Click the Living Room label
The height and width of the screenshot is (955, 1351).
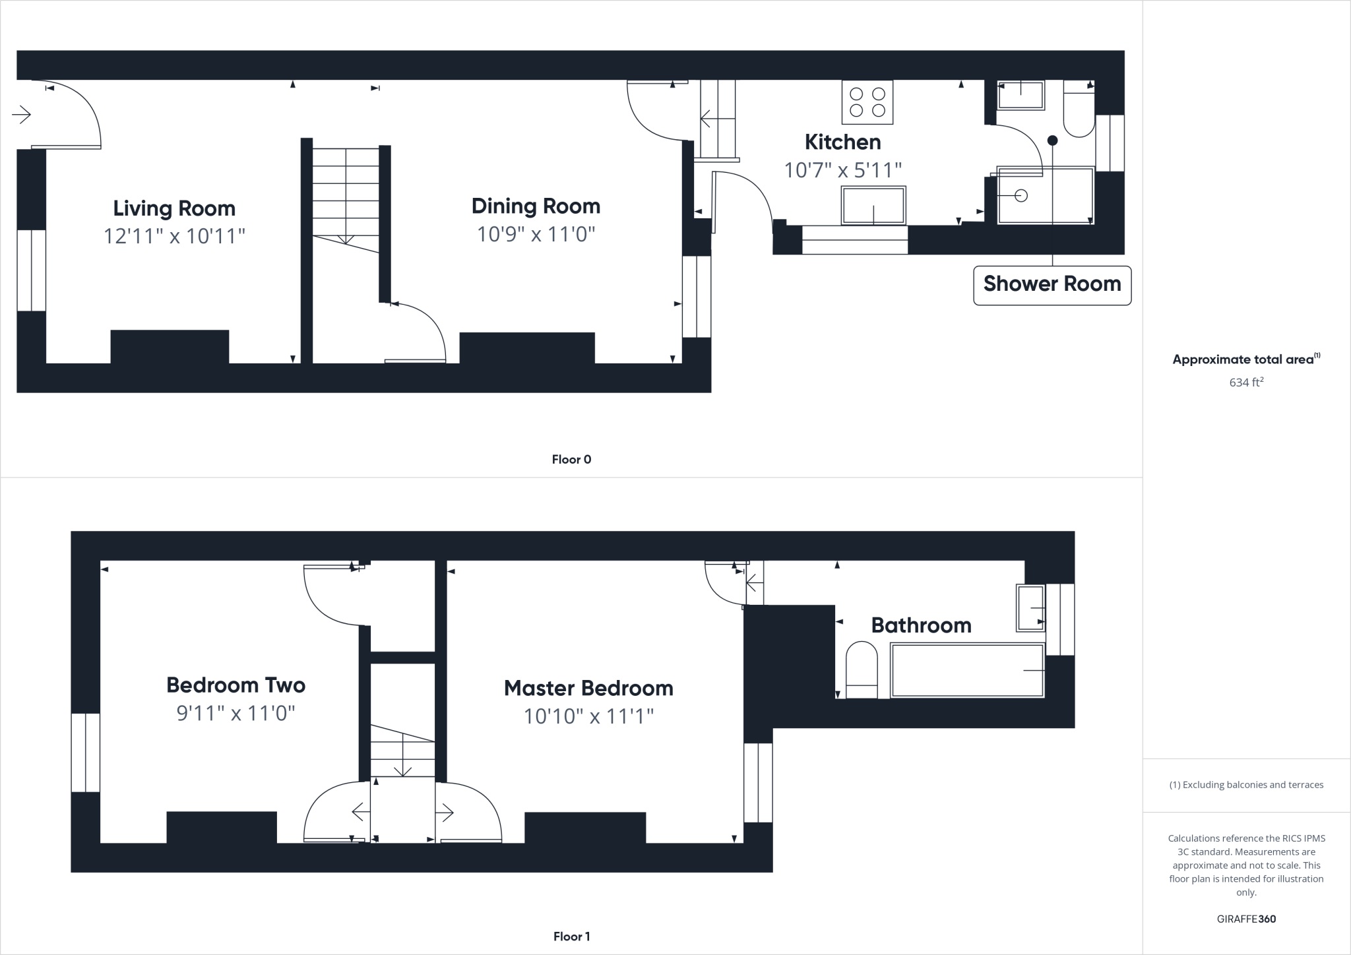(x=174, y=208)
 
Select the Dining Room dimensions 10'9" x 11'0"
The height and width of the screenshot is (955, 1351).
(x=536, y=234)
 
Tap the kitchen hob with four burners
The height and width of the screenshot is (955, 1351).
(x=867, y=102)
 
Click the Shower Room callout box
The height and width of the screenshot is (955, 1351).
(x=1052, y=284)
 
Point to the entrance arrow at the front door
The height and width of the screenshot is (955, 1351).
(x=22, y=115)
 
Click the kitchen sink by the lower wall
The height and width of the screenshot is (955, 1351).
(x=873, y=205)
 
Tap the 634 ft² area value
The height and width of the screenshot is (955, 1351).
(x=1246, y=382)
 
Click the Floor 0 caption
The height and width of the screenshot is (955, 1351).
(x=571, y=460)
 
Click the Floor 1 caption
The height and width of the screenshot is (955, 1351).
(x=571, y=937)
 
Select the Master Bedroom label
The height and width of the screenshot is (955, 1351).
(x=588, y=689)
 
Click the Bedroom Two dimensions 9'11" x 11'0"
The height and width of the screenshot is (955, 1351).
(x=236, y=714)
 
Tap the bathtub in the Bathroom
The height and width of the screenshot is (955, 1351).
(x=966, y=670)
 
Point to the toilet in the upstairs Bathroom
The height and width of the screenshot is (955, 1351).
(x=862, y=669)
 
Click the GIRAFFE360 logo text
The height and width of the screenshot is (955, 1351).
(x=1246, y=919)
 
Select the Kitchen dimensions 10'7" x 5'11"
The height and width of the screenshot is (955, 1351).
(x=842, y=171)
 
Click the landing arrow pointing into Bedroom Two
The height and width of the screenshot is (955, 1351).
(x=360, y=813)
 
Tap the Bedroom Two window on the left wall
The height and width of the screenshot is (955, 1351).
(x=85, y=753)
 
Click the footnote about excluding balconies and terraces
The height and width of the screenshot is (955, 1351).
(x=1246, y=785)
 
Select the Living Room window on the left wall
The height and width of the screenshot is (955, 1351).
(x=31, y=270)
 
